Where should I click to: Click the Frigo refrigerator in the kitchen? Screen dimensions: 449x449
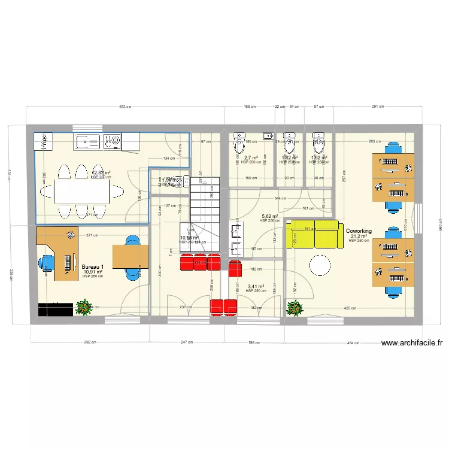(x=44, y=141)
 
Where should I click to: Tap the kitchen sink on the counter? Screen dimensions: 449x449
(x=88, y=141)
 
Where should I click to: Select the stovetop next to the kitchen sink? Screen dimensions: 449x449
(x=112, y=141)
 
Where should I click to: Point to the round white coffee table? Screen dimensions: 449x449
(x=319, y=266)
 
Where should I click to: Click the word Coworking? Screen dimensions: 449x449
(x=359, y=231)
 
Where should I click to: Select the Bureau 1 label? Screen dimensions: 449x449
(x=93, y=267)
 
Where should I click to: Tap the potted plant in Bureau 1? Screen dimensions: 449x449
(x=84, y=308)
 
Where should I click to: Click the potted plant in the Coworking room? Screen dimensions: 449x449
(x=295, y=308)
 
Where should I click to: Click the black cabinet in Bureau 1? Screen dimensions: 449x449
(x=56, y=309)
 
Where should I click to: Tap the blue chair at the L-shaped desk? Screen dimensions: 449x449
(x=47, y=263)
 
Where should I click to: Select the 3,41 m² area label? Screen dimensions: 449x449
(x=256, y=286)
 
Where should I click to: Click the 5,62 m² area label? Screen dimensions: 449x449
(x=269, y=216)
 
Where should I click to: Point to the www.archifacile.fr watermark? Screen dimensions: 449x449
(x=412, y=343)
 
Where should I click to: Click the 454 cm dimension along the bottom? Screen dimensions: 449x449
(x=353, y=343)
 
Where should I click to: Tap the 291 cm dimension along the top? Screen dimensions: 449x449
(x=378, y=107)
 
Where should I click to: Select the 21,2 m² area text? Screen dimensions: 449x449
(x=359, y=236)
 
